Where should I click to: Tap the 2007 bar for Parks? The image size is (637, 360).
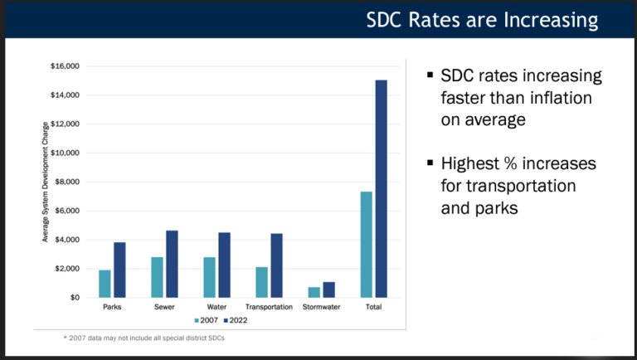[105, 283]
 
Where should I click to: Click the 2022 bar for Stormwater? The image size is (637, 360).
[328, 289]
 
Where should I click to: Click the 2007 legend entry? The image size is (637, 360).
[206, 319]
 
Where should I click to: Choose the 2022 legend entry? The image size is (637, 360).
[235, 319]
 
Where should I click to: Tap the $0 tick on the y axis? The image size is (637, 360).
[75, 297]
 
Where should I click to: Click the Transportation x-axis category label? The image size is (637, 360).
[269, 306]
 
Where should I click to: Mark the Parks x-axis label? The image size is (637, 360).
[112, 306]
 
